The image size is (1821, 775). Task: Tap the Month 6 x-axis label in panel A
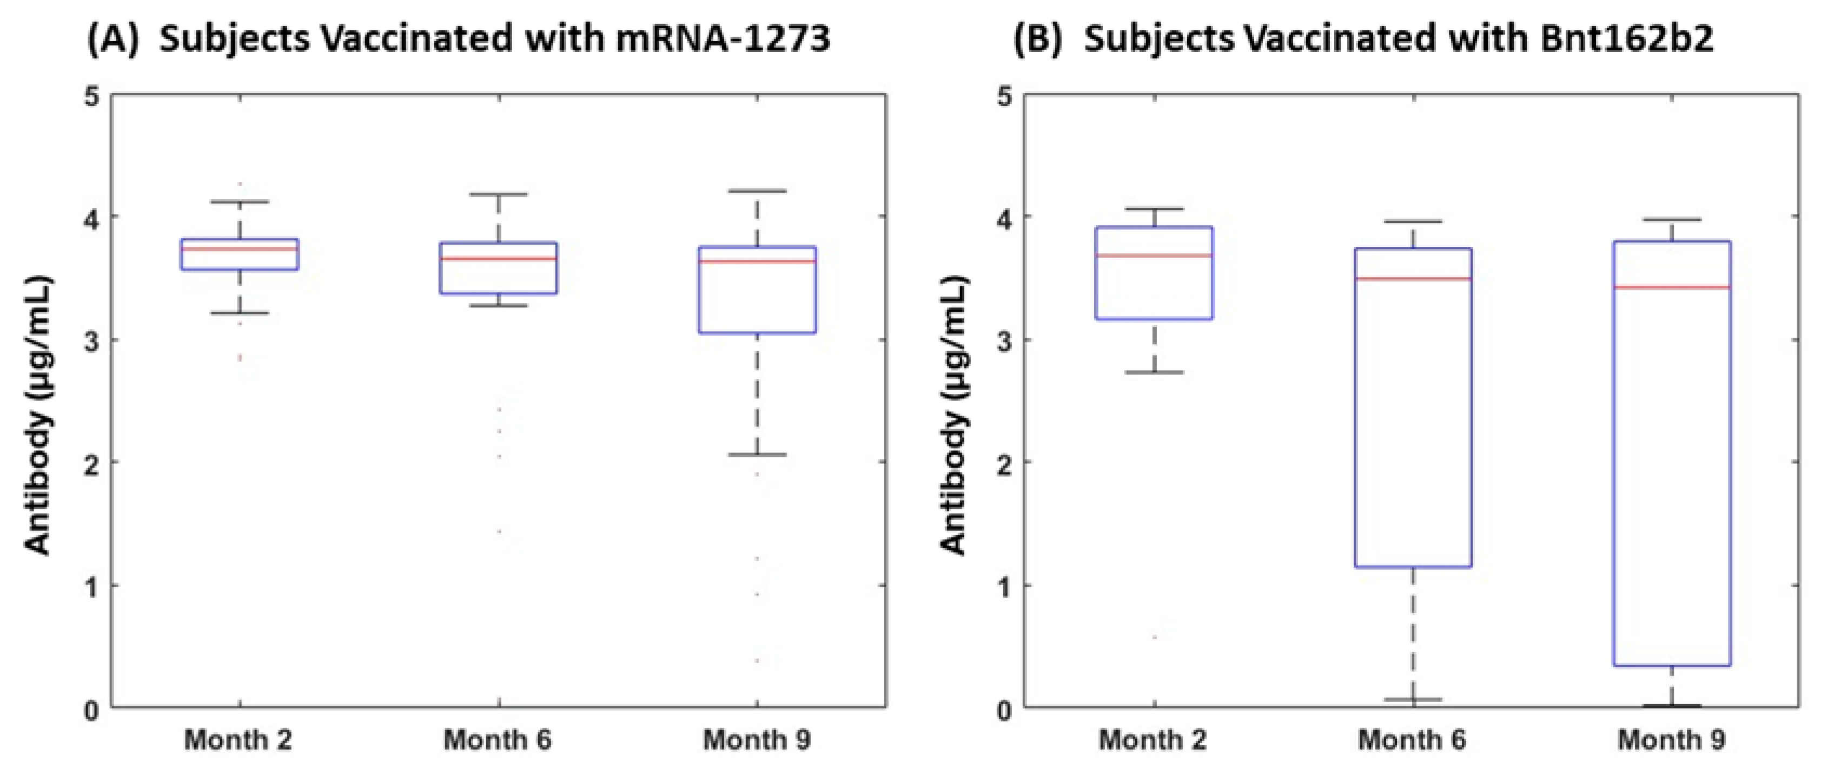[497, 740]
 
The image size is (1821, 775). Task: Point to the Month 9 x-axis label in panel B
[1671, 740]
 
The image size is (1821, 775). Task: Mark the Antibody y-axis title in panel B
[955, 416]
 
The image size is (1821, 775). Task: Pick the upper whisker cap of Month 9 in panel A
[757, 191]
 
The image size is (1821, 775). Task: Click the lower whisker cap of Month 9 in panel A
[757, 455]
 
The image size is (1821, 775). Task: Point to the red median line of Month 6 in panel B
[1413, 279]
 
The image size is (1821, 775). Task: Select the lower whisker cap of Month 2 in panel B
[1154, 372]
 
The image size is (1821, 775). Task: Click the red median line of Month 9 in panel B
[1672, 287]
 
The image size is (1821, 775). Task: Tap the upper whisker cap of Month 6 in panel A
[499, 194]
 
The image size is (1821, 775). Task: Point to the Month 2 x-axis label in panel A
[238, 740]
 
